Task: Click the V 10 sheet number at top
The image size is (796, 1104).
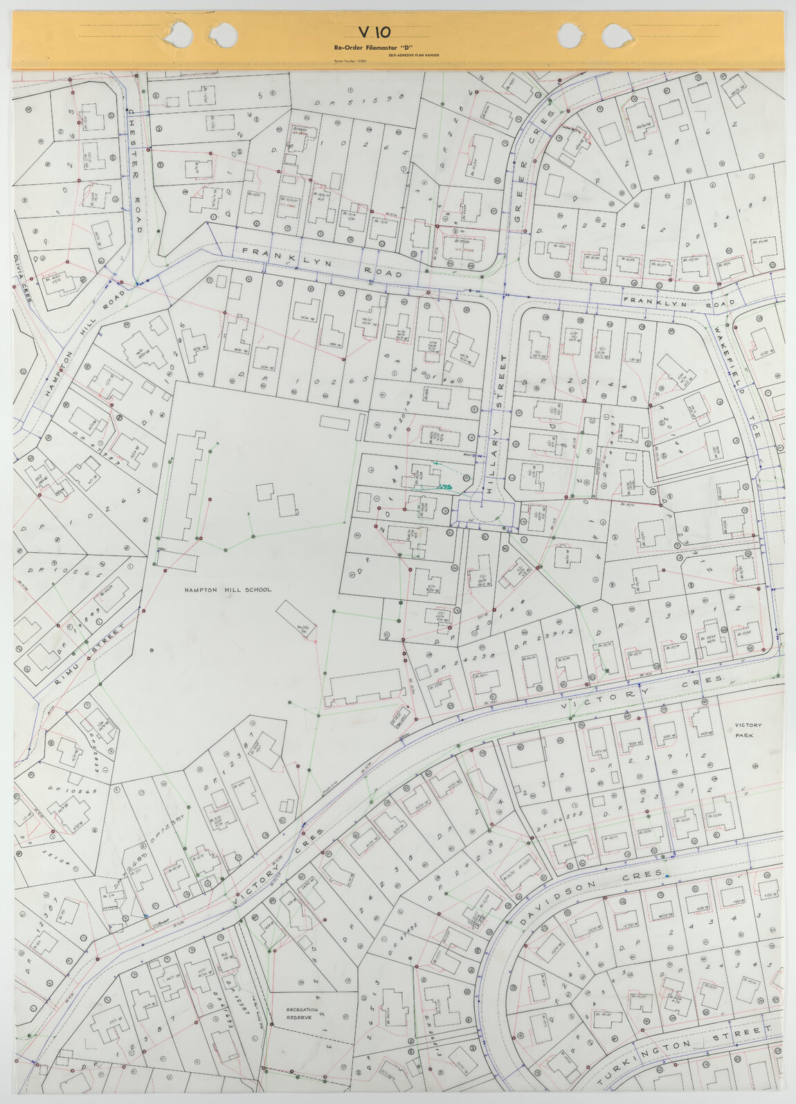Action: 374,32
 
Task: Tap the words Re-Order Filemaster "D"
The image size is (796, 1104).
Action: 373,47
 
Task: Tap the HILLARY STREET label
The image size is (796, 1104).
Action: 496,423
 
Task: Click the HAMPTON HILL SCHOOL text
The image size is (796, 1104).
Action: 228,590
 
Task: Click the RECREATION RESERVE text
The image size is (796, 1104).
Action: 302,1014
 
